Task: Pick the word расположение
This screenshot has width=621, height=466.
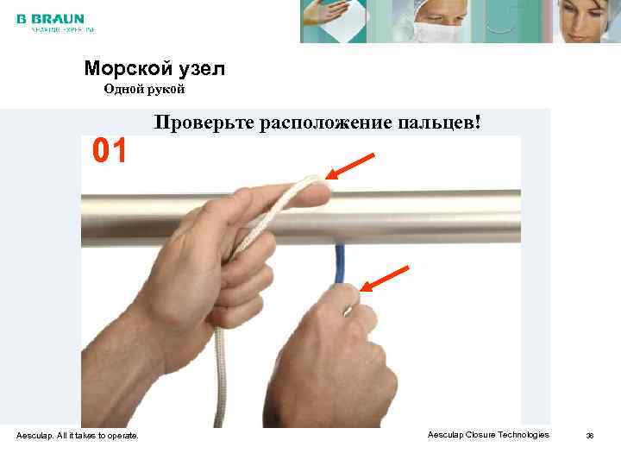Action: (x=323, y=123)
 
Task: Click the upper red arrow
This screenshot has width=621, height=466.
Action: (x=350, y=167)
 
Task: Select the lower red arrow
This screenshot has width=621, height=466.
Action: (x=384, y=277)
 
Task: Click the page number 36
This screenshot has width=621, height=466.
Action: (x=590, y=435)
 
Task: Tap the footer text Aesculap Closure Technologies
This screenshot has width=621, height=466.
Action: (x=488, y=434)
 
